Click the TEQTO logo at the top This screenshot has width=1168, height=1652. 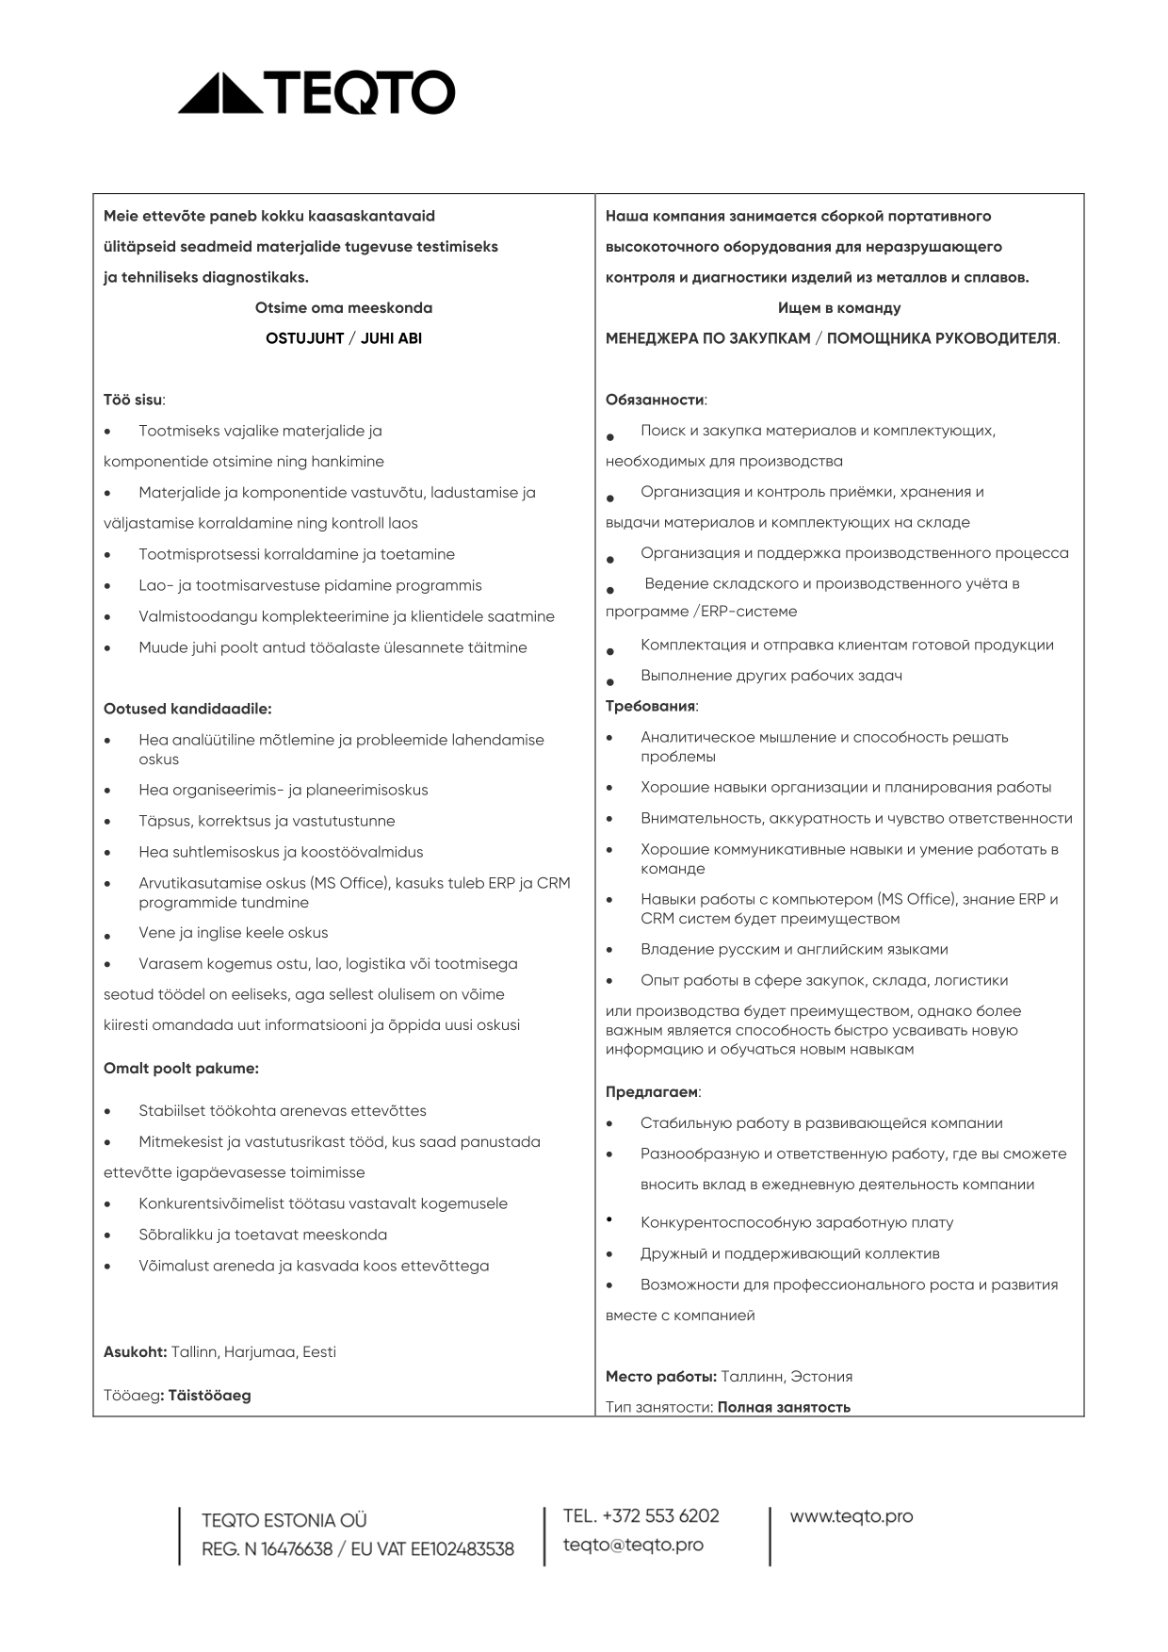coord(316,92)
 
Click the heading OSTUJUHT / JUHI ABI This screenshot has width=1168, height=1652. coord(344,338)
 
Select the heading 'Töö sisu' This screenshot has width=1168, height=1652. coord(133,400)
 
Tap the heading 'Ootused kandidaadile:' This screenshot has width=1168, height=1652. coord(187,709)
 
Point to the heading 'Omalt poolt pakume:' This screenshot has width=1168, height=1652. coord(181,1068)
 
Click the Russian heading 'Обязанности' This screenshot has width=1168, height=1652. coord(655,400)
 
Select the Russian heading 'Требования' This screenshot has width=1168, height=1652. coord(650,706)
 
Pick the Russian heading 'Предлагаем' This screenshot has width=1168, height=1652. coord(652,1092)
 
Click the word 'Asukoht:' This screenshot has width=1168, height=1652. coord(135,1351)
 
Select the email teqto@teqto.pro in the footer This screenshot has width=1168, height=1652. coord(633,1545)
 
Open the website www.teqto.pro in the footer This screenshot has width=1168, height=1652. coord(852,1516)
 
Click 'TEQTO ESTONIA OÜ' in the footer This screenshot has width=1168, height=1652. coord(284,1520)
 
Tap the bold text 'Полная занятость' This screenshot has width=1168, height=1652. coord(784,1407)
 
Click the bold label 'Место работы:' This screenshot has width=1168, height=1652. coord(660,1376)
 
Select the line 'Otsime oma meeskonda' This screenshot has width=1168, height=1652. coord(344,307)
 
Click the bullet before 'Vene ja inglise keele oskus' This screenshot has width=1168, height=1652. coord(107,936)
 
